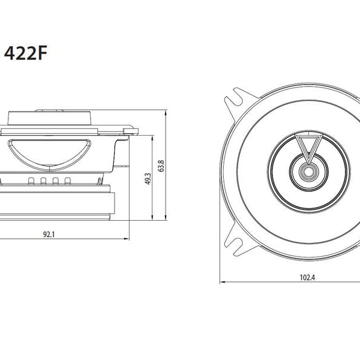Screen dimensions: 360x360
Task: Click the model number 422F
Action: tap(26, 54)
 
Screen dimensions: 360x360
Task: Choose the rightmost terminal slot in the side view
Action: tap(65, 181)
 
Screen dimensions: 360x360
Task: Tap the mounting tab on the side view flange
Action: tap(128, 127)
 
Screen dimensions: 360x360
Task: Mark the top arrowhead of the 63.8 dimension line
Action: tap(166, 112)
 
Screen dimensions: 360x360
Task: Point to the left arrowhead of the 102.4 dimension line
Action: tap(221, 281)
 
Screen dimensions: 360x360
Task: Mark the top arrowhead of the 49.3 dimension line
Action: tap(154, 137)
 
